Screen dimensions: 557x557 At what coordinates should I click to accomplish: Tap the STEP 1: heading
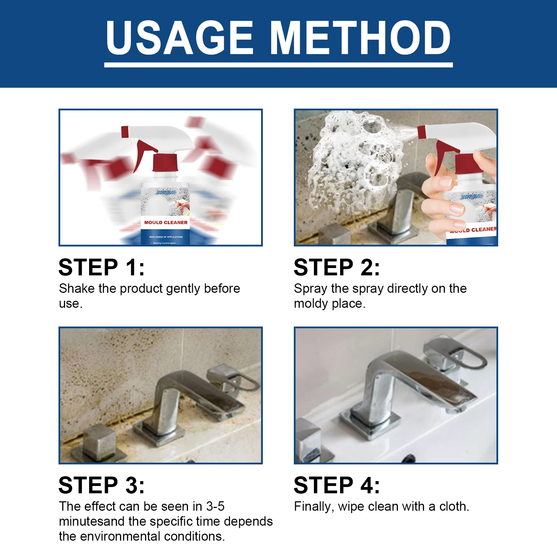coord(101,267)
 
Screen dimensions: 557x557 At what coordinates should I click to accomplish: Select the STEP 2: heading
coord(337,267)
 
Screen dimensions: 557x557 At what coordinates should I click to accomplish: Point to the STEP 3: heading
coord(101,485)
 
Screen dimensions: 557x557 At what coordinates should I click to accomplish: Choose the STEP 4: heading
coord(337,485)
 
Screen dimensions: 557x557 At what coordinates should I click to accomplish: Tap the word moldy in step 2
coord(311,304)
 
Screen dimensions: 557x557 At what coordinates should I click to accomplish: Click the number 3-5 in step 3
coord(215,506)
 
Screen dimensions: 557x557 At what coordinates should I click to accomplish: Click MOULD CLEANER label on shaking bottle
coord(166,222)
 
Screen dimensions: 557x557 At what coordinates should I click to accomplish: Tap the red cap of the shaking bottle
coord(165,163)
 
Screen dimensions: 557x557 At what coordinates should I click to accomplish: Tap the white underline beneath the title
coord(278,65)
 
